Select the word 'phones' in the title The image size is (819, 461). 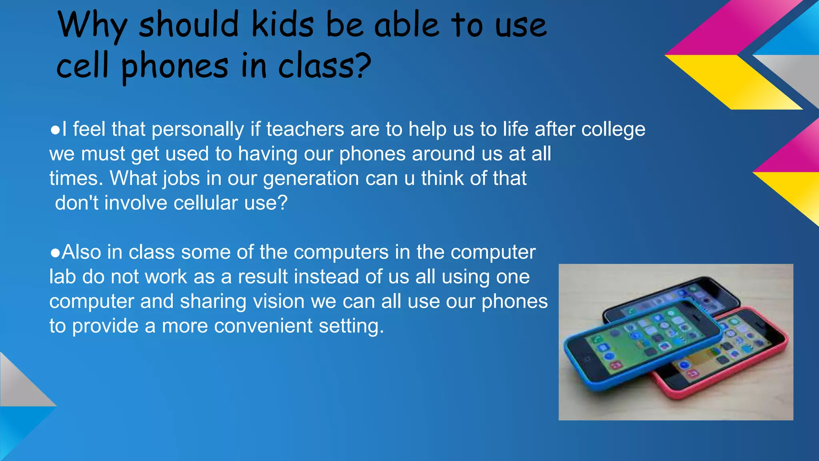click(174, 66)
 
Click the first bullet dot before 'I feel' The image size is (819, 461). click(55, 130)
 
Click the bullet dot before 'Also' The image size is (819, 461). click(55, 253)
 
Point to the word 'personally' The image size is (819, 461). click(198, 130)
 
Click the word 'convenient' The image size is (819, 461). click(263, 326)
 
